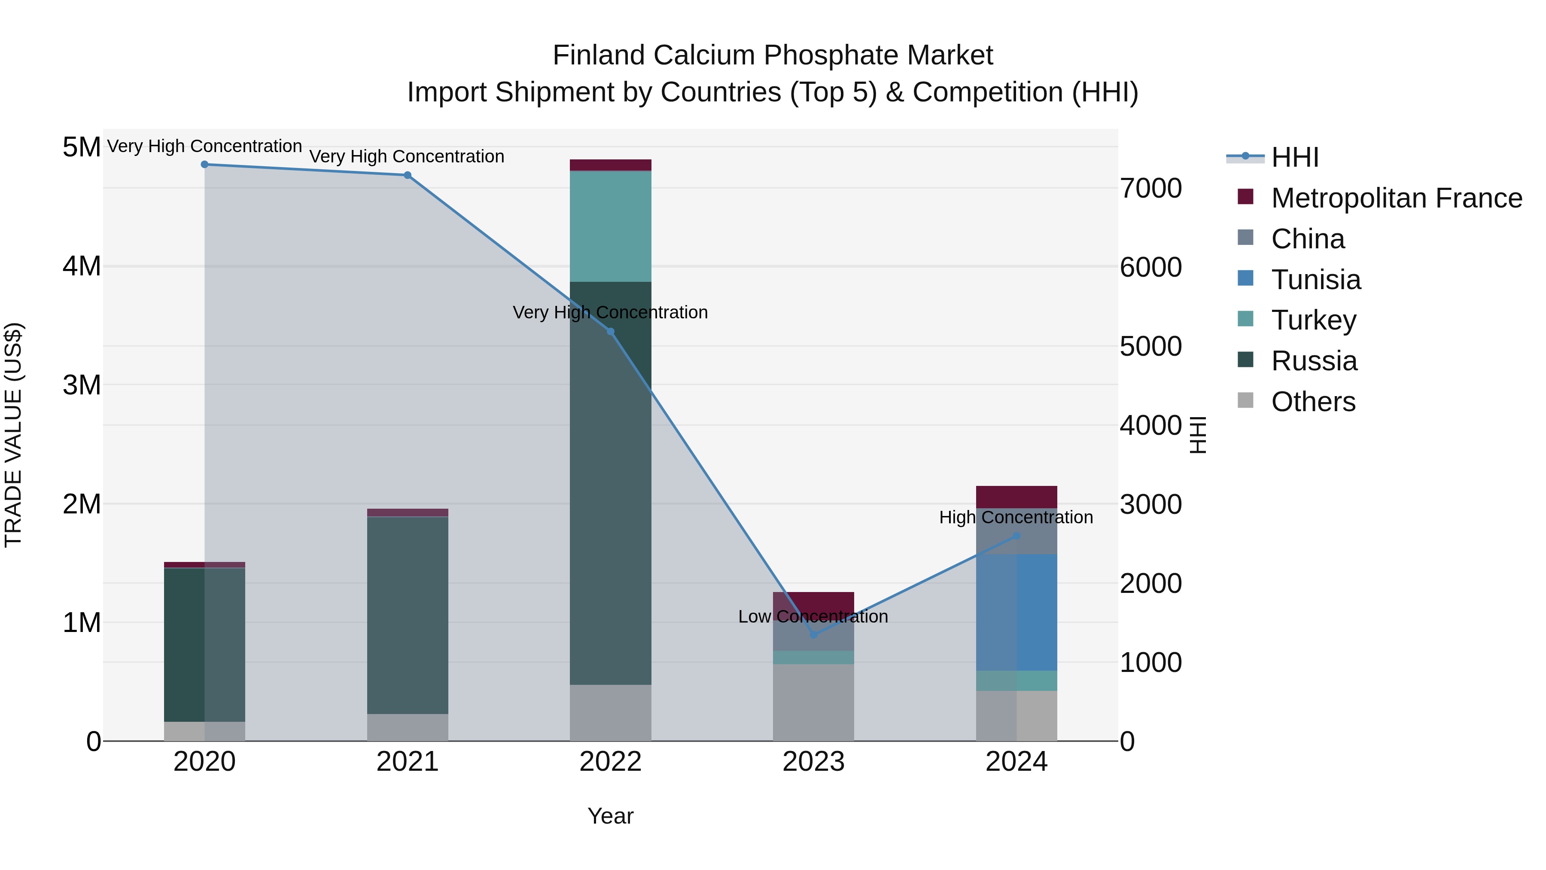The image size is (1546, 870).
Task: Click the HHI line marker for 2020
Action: pyautogui.click(x=205, y=165)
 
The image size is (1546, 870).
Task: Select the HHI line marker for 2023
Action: pyautogui.click(x=814, y=635)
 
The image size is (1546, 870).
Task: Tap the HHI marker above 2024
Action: pyautogui.click(x=1016, y=536)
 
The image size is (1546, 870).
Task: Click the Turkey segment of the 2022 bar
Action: pyautogui.click(x=610, y=226)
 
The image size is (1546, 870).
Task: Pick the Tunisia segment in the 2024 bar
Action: pyautogui.click(x=1016, y=612)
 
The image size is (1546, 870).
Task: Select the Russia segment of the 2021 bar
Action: pyautogui.click(x=408, y=615)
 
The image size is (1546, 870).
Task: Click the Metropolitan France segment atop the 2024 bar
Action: pyautogui.click(x=1016, y=497)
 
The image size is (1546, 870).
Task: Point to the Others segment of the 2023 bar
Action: pyautogui.click(x=813, y=702)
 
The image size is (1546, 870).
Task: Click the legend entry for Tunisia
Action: pyautogui.click(x=1315, y=280)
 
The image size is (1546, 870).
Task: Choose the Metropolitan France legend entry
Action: pyautogui.click(x=1396, y=198)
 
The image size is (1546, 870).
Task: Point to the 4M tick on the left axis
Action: pyautogui.click(x=82, y=266)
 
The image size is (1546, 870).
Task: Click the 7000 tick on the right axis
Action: pyautogui.click(x=1150, y=188)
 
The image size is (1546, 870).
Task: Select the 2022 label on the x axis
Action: pyautogui.click(x=610, y=762)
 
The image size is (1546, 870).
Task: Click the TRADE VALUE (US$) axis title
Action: pyautogui.click(x=13, y=435)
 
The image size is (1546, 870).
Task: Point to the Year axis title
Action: pyautogui.click(x=610, y=816)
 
